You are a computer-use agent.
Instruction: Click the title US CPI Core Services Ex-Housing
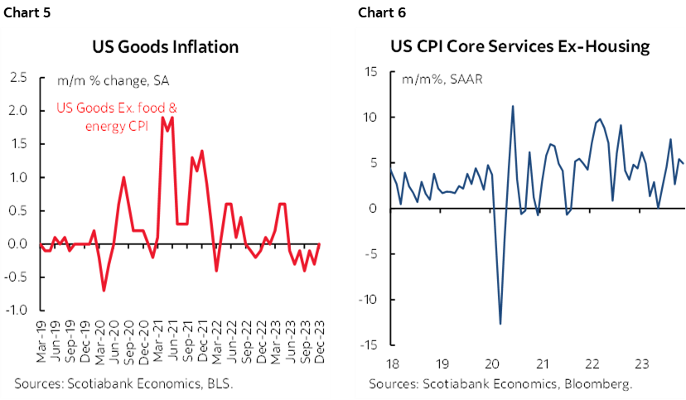[x=519, y=46]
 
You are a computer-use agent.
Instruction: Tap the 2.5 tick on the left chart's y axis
[x=18, y=78]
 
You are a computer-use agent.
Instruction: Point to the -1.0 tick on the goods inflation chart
[x=17, y=311]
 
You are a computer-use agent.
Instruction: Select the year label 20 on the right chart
[x=492, y=362]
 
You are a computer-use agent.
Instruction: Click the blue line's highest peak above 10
[x=513, y=106]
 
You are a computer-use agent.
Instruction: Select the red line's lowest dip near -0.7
[x=104, y=290]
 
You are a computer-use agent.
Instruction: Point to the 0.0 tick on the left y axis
[x=18, y=244]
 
